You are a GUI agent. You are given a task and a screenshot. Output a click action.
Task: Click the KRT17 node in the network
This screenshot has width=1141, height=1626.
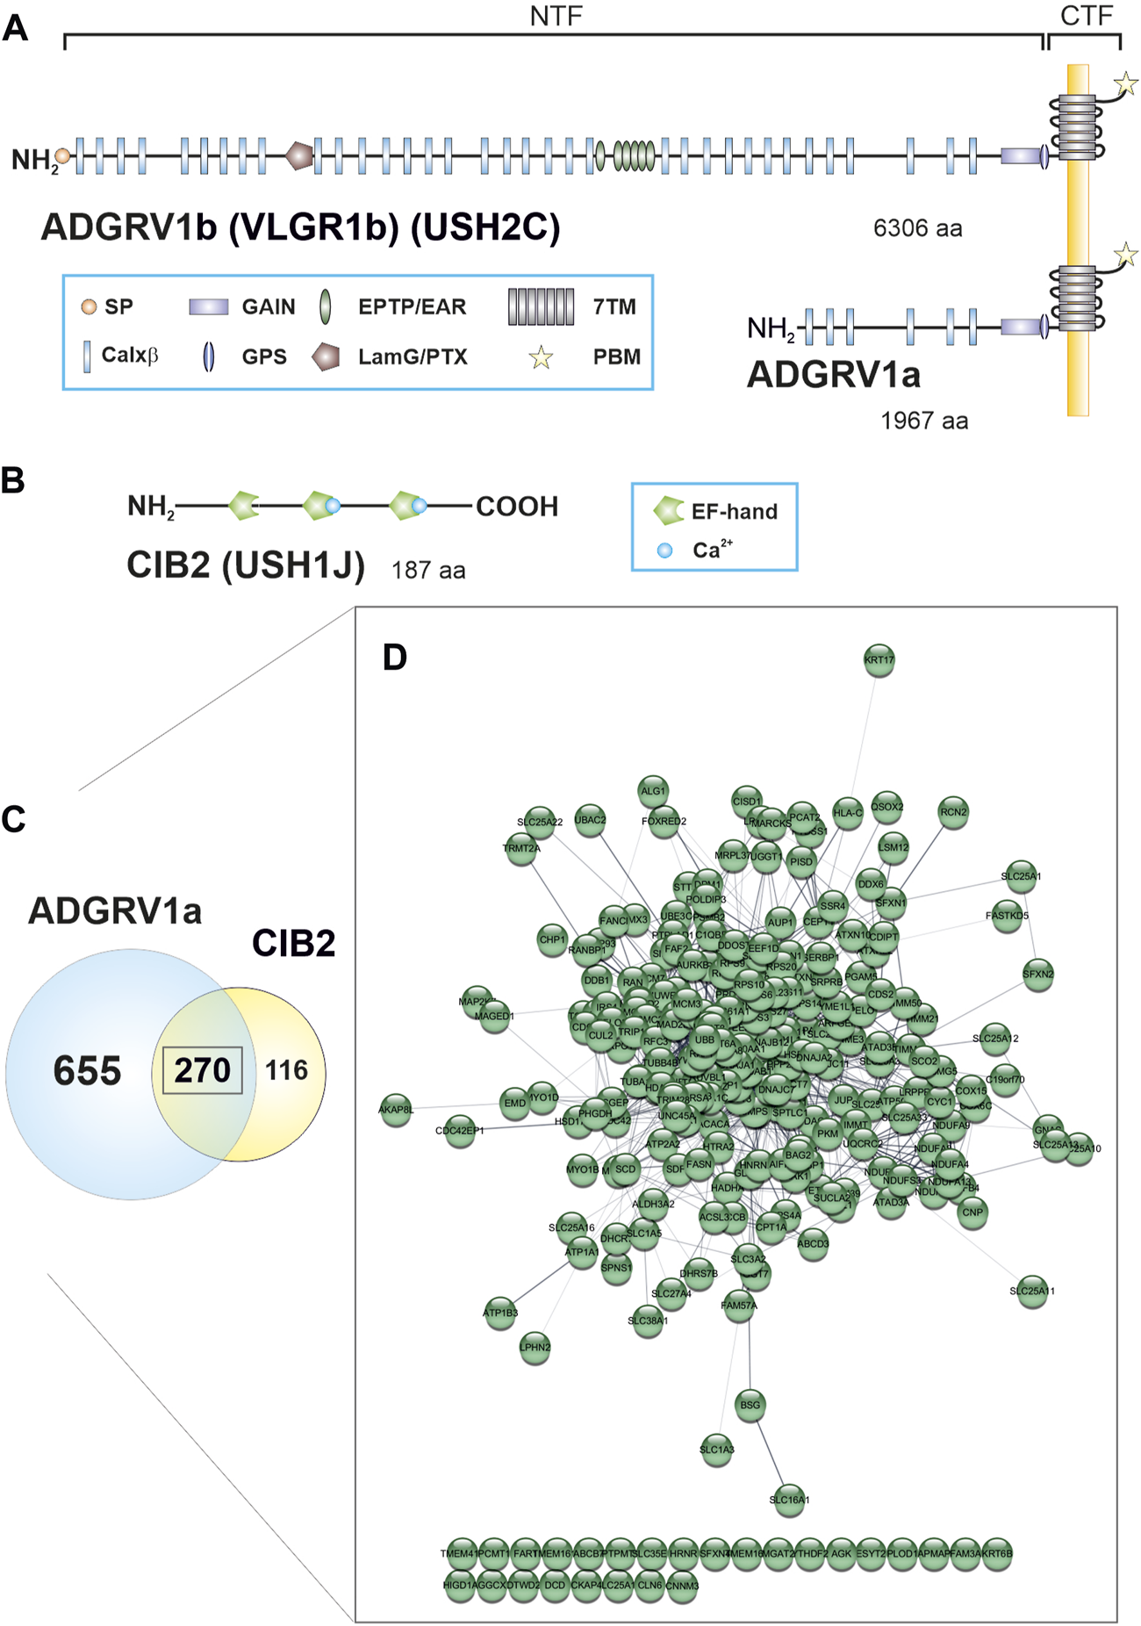[x=879, y=660]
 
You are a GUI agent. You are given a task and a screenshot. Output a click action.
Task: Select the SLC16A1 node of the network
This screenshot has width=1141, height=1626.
[x=789, y=1500]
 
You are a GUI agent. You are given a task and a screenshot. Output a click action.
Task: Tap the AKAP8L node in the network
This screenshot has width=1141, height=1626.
[x=396, y=1110]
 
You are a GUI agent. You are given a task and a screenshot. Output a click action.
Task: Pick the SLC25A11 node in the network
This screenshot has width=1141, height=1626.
[x=1032, y=1291]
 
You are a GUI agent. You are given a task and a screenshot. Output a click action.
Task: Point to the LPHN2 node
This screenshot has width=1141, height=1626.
[x=535, y=1347]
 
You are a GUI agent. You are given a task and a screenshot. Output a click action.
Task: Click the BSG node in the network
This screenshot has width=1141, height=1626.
[x=750, y=1405]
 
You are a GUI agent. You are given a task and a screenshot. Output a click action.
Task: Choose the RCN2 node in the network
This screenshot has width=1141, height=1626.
[x=953, y=812]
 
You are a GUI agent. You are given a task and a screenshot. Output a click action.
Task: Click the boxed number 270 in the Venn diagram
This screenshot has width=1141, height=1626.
[x=202, y=1070]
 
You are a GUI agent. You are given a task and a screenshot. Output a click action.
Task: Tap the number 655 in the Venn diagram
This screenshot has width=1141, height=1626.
[x=87, y=1071]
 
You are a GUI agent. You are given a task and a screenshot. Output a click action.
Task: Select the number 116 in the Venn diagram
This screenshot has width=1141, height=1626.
[x=287, y=1070]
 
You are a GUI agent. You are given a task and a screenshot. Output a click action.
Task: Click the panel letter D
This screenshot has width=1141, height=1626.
[x=395, y=657]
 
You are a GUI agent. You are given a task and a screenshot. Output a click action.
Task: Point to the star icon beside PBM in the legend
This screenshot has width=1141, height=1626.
[x=541, y=357]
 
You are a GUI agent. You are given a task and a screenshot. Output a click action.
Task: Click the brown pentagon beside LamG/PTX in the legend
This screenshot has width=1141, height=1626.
[x=326, y=356]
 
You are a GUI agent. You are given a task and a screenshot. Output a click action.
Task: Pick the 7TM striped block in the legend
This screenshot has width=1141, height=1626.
[x=541, y=306]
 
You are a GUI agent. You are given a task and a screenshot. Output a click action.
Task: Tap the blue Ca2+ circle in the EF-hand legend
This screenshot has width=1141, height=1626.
[x=665, y=550]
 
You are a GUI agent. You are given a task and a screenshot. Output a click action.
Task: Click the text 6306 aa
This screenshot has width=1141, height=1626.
[x=917, y=228]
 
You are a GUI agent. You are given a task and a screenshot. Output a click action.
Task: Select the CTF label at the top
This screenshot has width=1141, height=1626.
[x=1086, y=16]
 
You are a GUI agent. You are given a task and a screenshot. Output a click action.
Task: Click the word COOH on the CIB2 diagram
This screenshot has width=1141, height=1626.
[x=517, y=507]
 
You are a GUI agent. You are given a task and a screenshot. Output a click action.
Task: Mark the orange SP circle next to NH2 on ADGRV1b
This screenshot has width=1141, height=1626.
[x=63, y=156]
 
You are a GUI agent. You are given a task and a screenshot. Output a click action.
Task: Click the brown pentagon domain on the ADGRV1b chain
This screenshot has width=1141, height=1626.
[x=299, y=156]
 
